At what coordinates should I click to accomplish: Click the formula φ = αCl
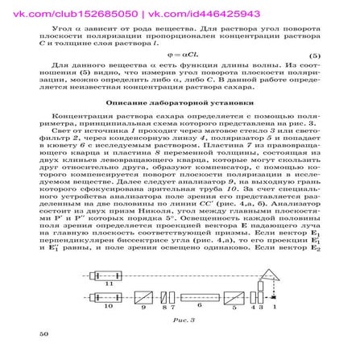pyautogui.click(x=176, y=77)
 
